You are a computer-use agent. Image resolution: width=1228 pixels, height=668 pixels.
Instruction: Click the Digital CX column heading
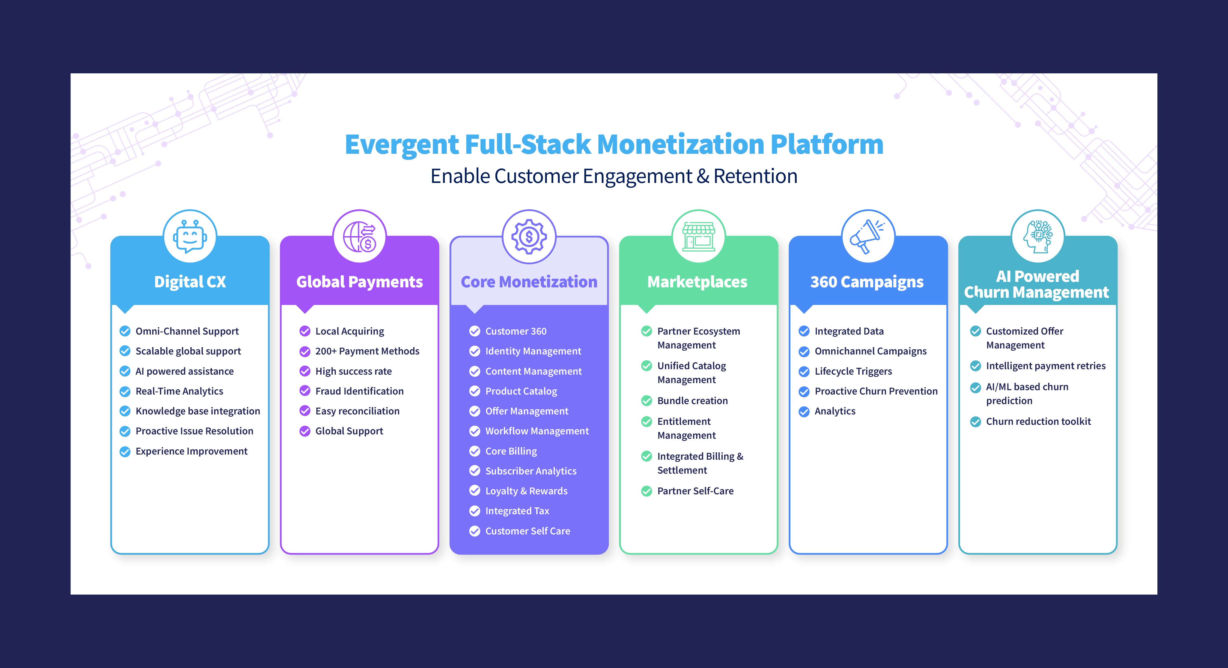pyautogui.click(x=190, y=282)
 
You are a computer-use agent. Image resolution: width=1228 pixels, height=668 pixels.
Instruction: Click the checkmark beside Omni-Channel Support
pyautogui.click(x=125, y=331)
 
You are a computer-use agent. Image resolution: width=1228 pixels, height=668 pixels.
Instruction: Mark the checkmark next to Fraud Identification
pyautogui.click(x=305, y=391)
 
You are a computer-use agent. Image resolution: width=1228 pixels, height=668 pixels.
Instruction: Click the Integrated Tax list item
pyautogui.click(x=517, y=511)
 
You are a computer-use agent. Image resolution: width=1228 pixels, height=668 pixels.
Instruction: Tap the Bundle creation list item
pyautogui.click(x=692, y=401)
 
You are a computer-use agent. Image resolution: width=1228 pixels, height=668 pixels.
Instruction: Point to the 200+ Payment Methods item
pyautogui.click(x=367, y=351)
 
